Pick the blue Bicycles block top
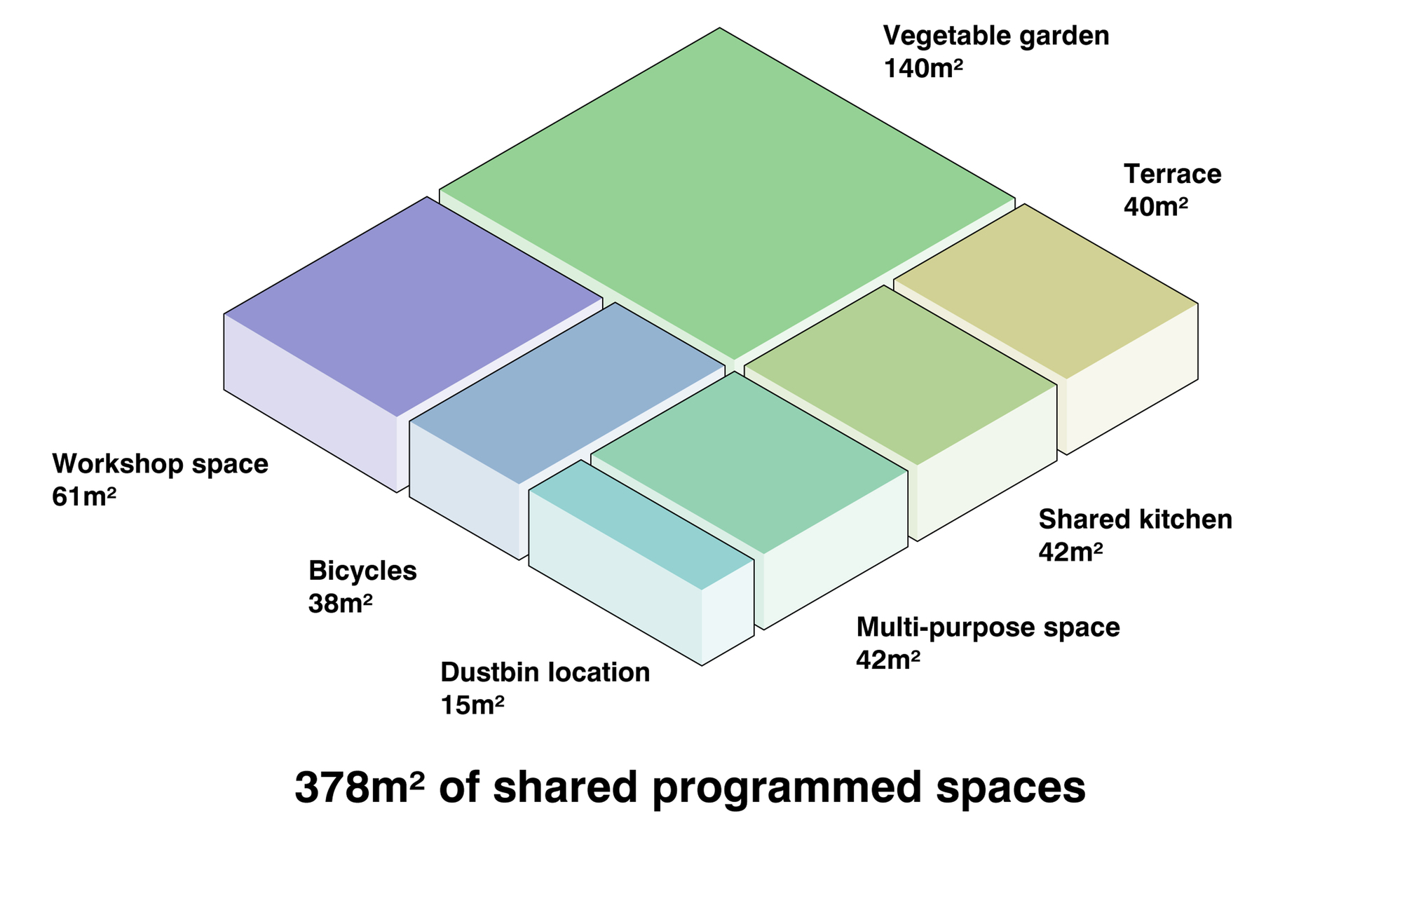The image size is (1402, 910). [x=568, y=393]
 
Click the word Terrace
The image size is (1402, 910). [x=1172, y=174]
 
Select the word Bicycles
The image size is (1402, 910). [x=362, y=571]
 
